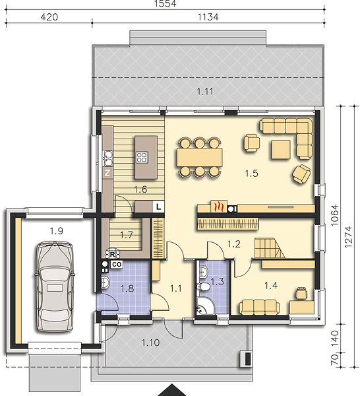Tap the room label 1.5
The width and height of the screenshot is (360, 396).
click(251, 173)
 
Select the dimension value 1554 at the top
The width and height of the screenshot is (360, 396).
click(165, 3)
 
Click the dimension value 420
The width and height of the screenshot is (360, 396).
click(49, 17)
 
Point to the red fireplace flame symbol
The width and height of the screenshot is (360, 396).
click(218, 207)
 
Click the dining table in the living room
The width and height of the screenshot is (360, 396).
click(200, 157)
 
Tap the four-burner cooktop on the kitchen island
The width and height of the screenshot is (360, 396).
click(142, 157)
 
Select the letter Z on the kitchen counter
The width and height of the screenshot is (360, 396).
click(107, 173)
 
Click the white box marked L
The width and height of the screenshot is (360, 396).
click(158, 207)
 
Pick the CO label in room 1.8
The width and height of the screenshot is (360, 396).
click(117, 265)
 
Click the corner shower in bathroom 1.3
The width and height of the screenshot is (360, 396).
click(205, 306)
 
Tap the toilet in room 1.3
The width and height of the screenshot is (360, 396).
click(204, 286)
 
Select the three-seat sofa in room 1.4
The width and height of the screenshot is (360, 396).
click(259, 308)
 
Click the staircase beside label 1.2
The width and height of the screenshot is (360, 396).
click(269, 248)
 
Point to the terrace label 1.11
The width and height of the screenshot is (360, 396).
click(205, 91)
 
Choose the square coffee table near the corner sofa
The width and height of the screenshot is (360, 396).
click(281, 150)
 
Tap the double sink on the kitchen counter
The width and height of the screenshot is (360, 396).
click(108, 158)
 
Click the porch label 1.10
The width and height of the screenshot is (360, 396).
click(150, 343)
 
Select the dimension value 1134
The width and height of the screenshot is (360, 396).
click(208, 17)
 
